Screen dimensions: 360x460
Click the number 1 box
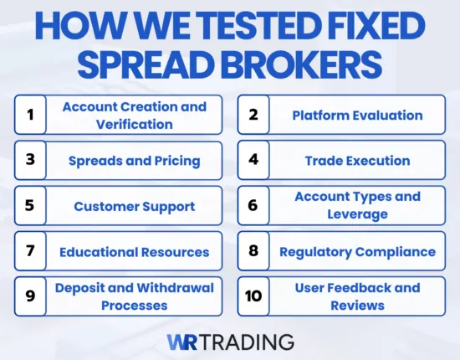[31, 116]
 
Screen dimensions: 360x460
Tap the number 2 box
[253, 116]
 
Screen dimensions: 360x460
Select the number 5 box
[31, 206]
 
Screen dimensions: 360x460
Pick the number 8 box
[253, 251]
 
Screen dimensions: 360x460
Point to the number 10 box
[253, 296]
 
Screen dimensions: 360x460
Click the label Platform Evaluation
[357, 116]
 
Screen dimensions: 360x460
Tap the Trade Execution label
[357, 161]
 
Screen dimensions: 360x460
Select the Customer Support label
[134, 206]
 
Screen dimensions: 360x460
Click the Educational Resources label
[134, 251]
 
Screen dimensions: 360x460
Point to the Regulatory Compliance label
[357, 251]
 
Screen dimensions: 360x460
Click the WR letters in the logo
[181, 342]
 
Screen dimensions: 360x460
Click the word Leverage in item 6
[357, 213]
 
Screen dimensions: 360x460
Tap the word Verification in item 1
[134, 124]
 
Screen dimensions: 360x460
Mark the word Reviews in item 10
[357, 305]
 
